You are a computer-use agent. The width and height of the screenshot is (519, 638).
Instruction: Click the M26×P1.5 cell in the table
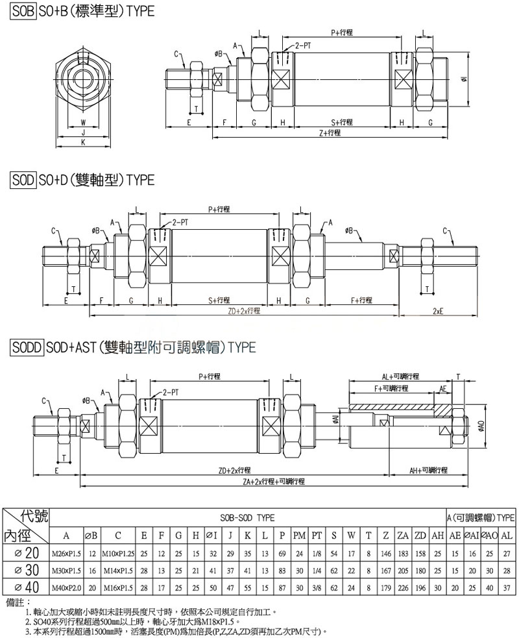coord(66,553)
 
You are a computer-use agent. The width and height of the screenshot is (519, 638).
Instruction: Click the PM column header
coord(299,535)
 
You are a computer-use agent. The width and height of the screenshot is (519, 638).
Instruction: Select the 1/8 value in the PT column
coord(317,553)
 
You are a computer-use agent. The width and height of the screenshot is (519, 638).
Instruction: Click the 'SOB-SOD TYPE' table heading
coord(247,517)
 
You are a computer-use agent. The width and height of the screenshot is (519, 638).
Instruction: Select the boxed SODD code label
coord(27,347)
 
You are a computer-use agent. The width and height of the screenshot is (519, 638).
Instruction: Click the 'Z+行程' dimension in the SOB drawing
coord(330,132)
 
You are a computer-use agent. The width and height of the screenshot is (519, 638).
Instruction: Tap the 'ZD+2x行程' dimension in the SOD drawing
coord(244,311)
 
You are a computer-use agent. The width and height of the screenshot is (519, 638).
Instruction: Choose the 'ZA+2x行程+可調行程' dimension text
coord(274,482)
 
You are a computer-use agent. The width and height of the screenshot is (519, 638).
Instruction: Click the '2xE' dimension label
coord(439,311)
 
